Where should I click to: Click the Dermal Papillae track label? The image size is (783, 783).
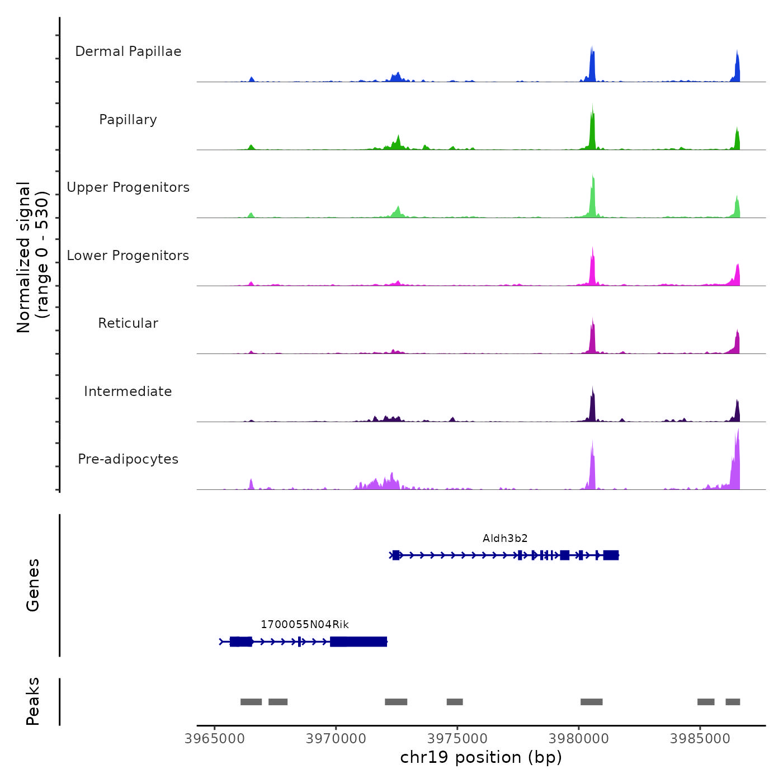point(128,51)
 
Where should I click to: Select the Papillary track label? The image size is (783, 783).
point(128,120)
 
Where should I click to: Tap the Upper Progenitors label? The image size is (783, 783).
point(128,187)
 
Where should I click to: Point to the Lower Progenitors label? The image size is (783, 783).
point(128,256)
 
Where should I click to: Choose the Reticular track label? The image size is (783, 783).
point(128,323)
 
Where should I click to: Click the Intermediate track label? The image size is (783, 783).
point(128,391)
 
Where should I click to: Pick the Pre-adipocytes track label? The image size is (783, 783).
point(128,459)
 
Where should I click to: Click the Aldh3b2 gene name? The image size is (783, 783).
point(505,539)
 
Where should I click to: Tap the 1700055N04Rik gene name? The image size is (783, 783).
point(305,625)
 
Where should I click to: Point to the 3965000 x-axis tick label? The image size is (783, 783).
point(215,739)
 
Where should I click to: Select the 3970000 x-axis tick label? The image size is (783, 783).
point(336,739)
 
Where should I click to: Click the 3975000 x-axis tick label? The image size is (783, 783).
point(457,739)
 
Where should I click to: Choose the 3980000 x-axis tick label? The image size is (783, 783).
point(579,739)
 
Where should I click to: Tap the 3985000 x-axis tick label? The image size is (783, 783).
point(700,739)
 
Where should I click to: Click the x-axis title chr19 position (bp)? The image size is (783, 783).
point(481,757)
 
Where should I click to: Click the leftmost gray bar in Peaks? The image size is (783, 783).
point(251,702)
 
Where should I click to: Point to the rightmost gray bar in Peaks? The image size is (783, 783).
point(733,702)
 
